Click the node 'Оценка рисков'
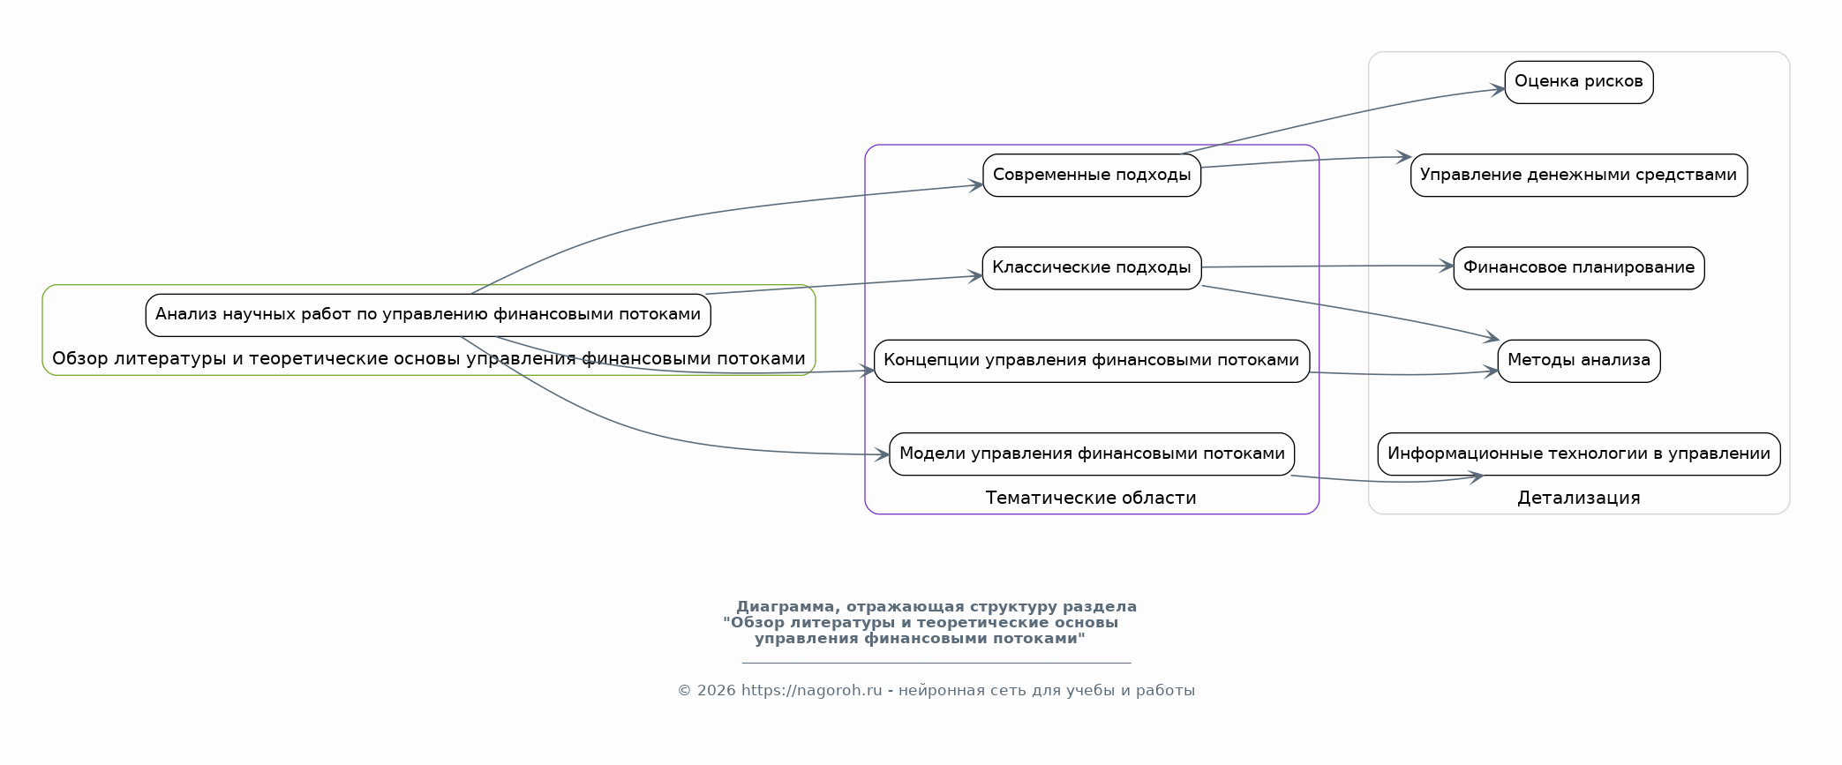1579,82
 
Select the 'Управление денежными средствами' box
1579,175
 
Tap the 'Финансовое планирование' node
1579,267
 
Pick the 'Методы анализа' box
1579,361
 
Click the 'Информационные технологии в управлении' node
1579,454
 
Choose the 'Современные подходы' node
1092,175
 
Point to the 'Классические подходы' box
1092,267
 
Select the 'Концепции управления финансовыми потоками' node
1092,361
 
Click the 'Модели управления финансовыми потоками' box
1092,454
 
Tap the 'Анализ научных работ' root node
428,315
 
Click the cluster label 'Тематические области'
1091,498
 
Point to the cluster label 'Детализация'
1579,498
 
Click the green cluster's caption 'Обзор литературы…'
429,358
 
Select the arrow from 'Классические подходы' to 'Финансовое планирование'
1327,266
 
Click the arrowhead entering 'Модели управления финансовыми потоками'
882,455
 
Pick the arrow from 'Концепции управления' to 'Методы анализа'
1403,374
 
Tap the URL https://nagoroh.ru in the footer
812,691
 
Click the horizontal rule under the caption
936,662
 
